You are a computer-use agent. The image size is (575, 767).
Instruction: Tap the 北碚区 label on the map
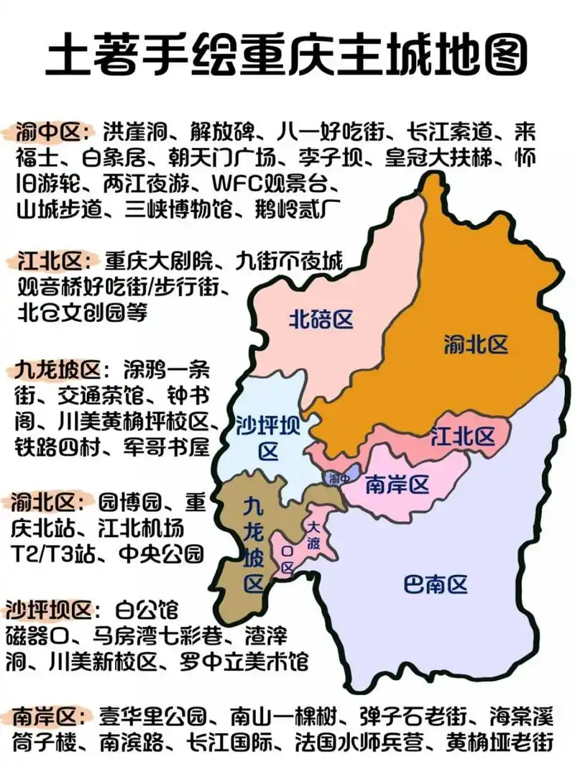[321, 320]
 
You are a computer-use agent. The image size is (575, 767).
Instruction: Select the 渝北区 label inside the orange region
[476, 345]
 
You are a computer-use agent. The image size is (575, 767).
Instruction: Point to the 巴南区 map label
[436, 584]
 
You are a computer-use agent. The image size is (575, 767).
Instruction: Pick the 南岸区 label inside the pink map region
[397, 485]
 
